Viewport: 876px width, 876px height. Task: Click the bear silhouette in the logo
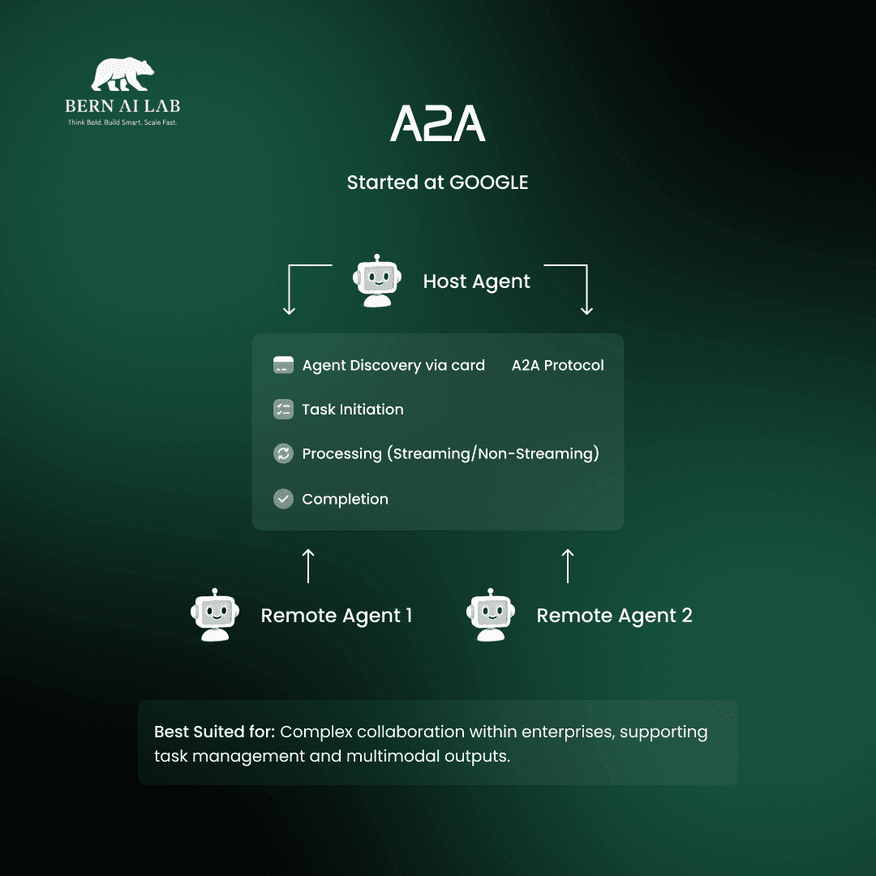coord(122,75)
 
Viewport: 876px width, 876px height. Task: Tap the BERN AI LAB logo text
coord(122,106)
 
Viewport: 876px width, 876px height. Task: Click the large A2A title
coord(438,123)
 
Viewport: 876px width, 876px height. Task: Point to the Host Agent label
coord(476,281)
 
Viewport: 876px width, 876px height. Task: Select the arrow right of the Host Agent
coord(577,288)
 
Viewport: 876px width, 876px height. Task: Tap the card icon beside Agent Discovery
coord(283,365)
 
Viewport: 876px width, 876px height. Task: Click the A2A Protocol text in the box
coord(558,365)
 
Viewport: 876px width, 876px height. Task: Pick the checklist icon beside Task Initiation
coord(283,410)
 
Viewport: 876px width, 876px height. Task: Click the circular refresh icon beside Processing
coord(283,453)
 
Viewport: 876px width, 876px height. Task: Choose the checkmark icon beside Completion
coord(283,499)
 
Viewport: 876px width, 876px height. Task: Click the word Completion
coord(345,499)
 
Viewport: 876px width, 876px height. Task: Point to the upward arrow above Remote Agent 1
coord(308,565)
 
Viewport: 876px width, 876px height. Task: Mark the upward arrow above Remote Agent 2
coord(568,565)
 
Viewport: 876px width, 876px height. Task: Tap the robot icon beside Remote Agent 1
coord(215,615)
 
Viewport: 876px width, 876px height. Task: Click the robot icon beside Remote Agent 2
coord(492,615)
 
